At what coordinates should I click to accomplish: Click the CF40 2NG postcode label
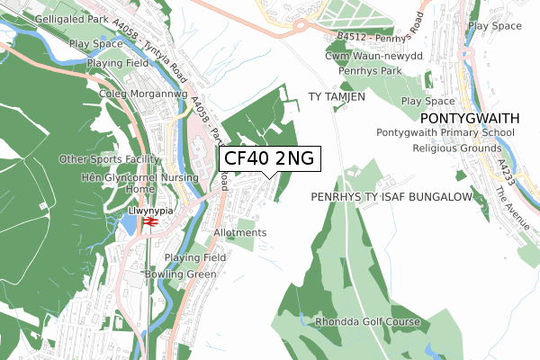[269, 158]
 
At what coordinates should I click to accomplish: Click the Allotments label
[240, 232]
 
